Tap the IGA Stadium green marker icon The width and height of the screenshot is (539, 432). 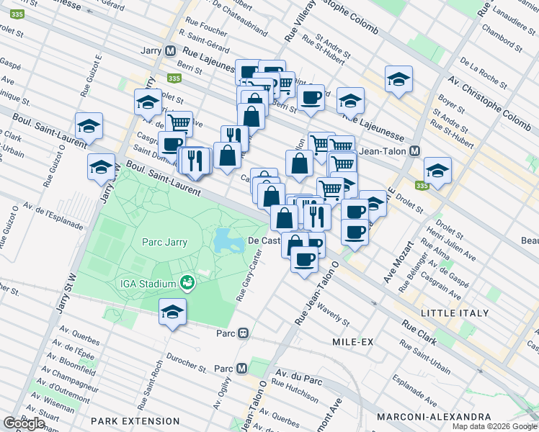pyautogui.click(x=187, y=284)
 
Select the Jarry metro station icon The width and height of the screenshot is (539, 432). pyautogui.click(x=171, y=51)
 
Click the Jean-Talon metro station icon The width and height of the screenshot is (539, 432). pyautogui.click(x=414, y=151)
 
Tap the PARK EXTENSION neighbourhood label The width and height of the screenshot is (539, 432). pyautogui.click(x=133, y=419)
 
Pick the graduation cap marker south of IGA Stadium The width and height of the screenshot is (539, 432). pyautogui.click(x=173, y=312)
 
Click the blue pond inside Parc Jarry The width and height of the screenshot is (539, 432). pyautogui.click(x=228, y=240)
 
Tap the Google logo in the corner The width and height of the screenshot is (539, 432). pyautogui.click(x=24, y=423)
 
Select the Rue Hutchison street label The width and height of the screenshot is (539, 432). pyautogui.click(x=295, y=392)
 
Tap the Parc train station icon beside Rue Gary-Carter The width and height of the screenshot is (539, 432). pyautogui.click(x=244, y=333)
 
